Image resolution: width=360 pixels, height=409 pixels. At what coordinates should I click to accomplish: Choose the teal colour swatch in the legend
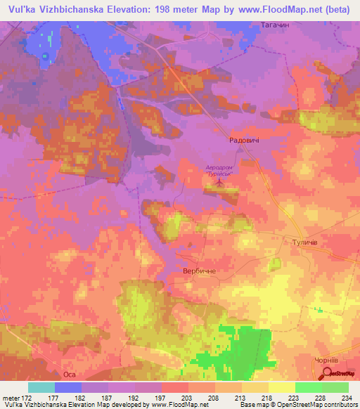[41, 387]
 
